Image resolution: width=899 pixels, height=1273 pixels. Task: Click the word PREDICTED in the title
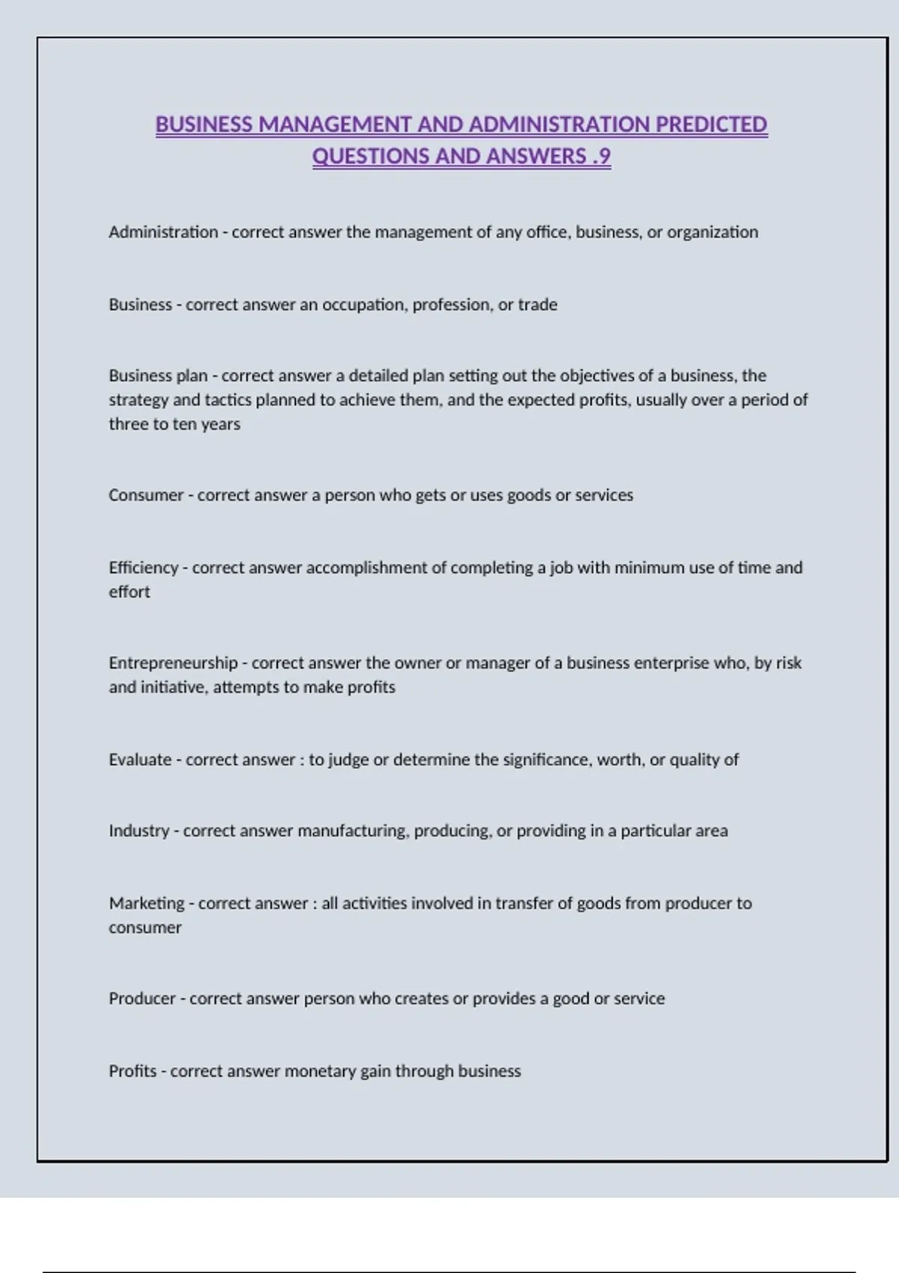[x=711, y=124]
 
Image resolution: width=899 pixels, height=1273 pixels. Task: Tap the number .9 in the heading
[x=601, y=157]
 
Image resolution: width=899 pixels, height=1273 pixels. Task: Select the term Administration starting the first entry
[x=163, y=232]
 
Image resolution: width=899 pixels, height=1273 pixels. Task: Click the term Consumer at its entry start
[x=146, y=495]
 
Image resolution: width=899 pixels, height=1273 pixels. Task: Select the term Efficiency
[x=143, y=568]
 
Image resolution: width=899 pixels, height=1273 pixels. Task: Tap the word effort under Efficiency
[x=129, y=592]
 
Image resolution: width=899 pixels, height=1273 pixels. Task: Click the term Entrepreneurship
[x=173, y=663]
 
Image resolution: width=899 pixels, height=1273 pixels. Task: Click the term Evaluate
[x=140, y=759]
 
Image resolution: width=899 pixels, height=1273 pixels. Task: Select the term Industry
[x=139, y=830]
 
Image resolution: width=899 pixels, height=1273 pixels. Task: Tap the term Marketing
[x=147, y=903]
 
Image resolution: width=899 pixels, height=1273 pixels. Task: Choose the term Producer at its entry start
[x=142, y=998]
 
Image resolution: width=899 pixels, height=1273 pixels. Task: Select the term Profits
[x=133, y=1071]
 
